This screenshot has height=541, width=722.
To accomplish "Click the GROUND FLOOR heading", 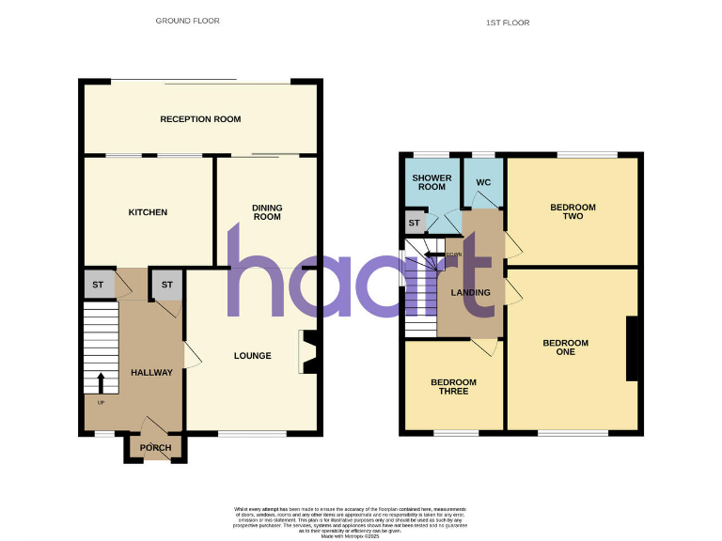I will tap(188, 20).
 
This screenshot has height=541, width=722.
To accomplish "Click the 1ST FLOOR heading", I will tap(509, 23).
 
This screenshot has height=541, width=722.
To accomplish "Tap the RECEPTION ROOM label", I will tap(200, 119).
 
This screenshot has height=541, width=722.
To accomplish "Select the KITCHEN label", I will tap(148, 212).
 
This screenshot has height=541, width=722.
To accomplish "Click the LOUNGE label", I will tap(252, 356).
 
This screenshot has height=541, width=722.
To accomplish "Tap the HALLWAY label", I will tap(151, 373).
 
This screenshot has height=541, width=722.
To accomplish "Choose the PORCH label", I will tap(155, 448).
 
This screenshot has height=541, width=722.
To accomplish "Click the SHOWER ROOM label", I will tap(432, 182).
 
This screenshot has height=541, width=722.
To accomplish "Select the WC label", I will tap(484, 182).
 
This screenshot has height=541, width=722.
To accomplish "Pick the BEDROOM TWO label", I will tap(573, 211).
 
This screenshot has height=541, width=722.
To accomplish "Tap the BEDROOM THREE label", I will tap(453, 386).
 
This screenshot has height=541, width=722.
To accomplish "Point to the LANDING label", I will tap(471, 292).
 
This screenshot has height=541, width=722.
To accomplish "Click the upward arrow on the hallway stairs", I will tap(102, 381).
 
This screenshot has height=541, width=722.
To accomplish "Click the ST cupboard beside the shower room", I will tap(414, 223).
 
